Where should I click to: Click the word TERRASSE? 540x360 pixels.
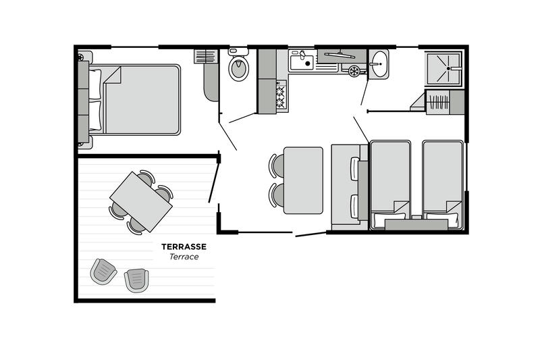(184, 247)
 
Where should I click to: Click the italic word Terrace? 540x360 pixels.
(184, 257)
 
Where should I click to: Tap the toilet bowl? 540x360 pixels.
(239, 68)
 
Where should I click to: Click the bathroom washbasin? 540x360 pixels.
(379, 64)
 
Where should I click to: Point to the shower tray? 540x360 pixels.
(443, 68)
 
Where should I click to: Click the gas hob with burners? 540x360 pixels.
(281, 97)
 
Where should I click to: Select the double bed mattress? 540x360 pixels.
(141, 99)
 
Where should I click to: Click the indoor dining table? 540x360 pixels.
(303, 180)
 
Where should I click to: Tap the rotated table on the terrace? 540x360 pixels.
(141, 201)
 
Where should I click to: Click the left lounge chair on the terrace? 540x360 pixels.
(103, 271)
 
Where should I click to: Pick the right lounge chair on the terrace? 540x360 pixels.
(137, 280)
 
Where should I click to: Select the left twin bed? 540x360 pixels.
(390, 184)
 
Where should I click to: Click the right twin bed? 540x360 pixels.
(443, 184)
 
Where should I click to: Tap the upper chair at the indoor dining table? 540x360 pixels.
(277, 164)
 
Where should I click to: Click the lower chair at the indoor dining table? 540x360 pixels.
(277, 195)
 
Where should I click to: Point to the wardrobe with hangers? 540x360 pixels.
(438, 102)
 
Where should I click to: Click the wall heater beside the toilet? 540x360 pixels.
(206, 57)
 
